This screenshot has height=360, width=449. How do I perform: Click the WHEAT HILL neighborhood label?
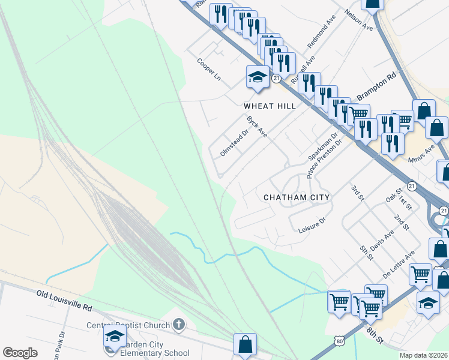point(270,106)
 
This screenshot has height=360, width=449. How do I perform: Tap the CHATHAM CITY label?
point(297,197)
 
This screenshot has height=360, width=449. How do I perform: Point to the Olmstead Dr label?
point(234,143)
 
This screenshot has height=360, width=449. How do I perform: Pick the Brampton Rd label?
point(377,88)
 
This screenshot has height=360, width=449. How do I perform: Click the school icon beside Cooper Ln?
point(258,76)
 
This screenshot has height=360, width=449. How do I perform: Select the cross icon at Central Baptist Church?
point(178,326)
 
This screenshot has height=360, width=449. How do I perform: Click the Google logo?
point(20,353)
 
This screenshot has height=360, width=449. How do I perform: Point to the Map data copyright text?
point(424,355)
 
